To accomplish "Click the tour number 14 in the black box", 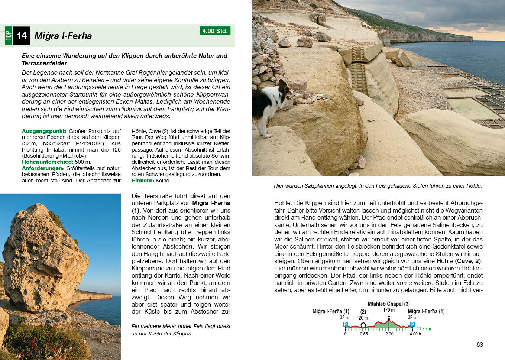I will click(22, 36).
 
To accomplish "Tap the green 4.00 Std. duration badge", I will click(215, 31).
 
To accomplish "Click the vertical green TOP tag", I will click(9, 36).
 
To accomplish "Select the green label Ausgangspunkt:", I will click(44, 131).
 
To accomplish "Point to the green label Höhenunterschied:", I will click(48, 162).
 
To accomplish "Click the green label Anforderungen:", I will click(43, 168).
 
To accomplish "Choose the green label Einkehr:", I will click(143, 181).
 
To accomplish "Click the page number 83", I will click(479, 344).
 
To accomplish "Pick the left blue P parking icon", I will click(345, 325).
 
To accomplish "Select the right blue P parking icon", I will click(412, 325).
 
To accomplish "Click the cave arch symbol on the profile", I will click(363, 325).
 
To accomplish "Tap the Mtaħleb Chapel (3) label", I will click(389, 304).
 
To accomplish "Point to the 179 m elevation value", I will click(389, 310).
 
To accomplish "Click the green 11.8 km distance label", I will click(424, 329).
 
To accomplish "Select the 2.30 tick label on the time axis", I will click(389, 334).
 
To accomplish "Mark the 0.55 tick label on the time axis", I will click(363, 334).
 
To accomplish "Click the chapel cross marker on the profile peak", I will click(389, 318).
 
